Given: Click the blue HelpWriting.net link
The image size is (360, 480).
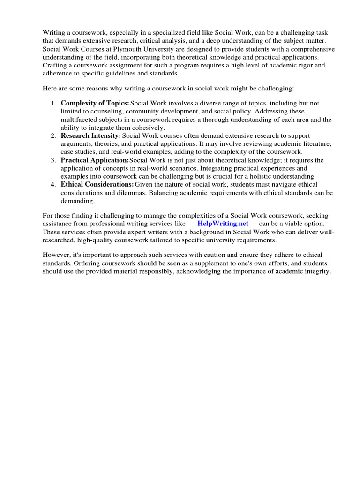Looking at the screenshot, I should (223, 224).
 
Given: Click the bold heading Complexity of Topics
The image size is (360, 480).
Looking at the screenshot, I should (95, 103).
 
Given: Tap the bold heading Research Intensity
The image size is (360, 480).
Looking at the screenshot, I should (91, 135).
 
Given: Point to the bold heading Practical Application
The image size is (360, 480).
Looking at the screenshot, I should (95, 160).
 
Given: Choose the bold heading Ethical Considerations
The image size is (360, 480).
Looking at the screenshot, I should (97, 184).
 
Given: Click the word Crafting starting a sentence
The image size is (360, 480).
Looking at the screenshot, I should (57, 66).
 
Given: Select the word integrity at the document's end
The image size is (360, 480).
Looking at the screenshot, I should (316, 272).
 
